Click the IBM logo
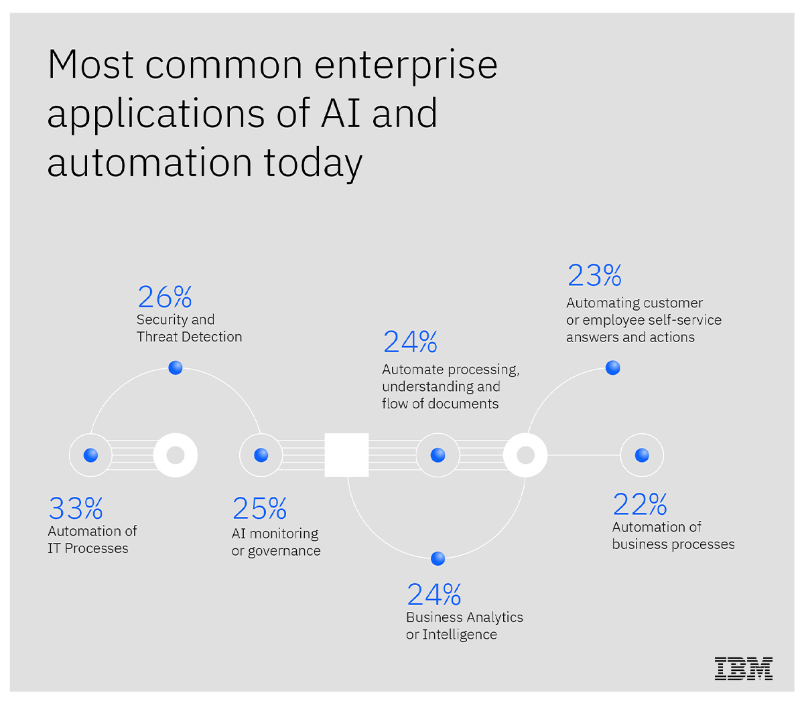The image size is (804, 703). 743,668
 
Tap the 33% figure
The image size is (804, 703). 76,509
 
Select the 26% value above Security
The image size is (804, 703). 165,297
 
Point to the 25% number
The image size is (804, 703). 259,509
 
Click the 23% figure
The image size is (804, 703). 594,275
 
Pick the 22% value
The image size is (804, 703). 640,503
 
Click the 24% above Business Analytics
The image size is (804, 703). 434,595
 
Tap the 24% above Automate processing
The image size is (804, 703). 410,342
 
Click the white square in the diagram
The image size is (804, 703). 346,455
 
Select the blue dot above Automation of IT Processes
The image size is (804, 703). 90,455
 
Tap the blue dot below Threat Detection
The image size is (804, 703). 176,368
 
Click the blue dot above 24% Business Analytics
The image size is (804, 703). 438,558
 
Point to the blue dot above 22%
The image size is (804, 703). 642,455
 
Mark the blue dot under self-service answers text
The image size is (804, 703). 612,368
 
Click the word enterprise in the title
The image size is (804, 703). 406,65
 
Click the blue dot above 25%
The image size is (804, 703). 261,455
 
